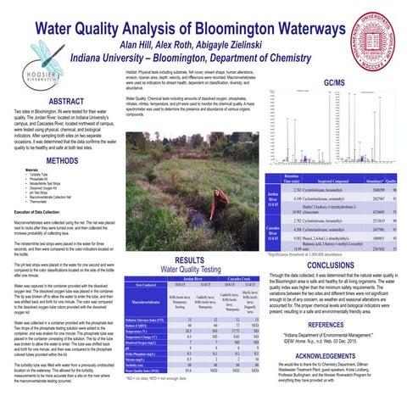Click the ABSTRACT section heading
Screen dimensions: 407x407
59,101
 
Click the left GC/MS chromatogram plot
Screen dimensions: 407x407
297,128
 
